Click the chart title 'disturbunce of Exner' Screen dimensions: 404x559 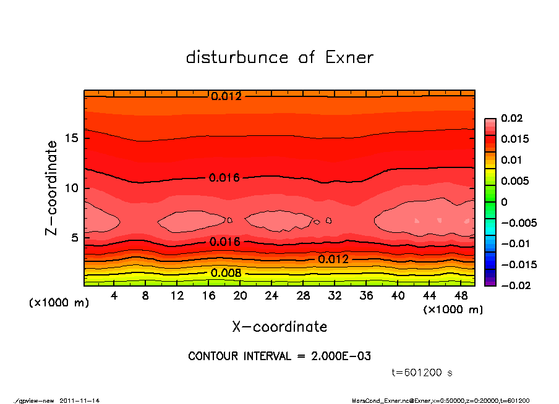point(279,57)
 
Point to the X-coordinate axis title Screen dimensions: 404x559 point(279,326)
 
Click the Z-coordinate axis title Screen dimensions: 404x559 point(52,188)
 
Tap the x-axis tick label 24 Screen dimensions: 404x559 point(271,296)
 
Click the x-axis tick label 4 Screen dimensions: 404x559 point(114,296)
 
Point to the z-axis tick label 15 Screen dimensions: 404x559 point(70,138)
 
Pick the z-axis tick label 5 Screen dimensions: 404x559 point(74,238)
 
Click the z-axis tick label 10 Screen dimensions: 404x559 point(70,188)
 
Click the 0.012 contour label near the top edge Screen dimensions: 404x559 point(226,96)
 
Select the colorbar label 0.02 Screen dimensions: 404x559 point(511,118)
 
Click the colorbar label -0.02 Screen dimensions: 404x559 point(514,285)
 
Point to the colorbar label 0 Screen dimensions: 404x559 point(504,201)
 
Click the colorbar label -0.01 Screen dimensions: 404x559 point(514,243)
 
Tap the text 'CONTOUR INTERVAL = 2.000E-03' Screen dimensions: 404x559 point(279,356)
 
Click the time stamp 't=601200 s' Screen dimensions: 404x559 point(422,373)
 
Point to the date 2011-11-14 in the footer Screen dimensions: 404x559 point(80,400)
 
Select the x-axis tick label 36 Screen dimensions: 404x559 point(366,296)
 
